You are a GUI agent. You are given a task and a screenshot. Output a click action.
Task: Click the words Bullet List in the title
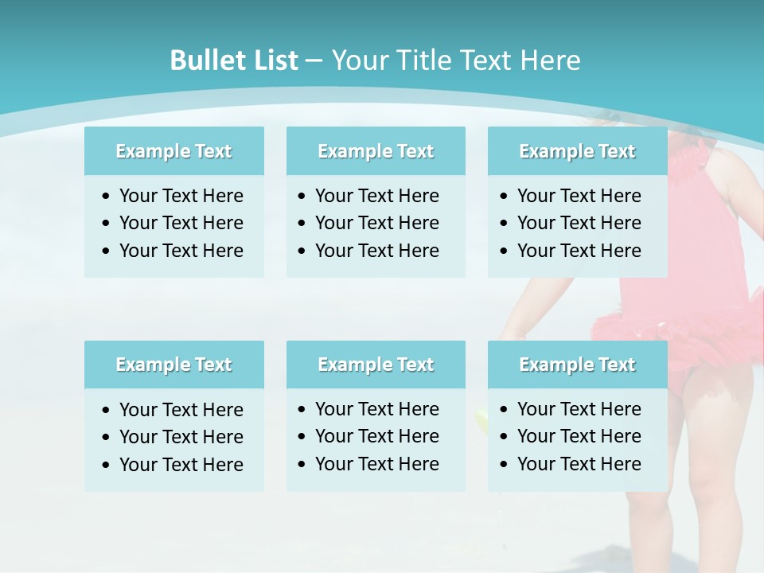(x=234, y=60)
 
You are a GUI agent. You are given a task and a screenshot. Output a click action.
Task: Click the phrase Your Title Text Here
(x=455, y=60)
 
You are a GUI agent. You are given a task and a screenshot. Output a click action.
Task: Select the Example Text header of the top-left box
(x=173, y=151)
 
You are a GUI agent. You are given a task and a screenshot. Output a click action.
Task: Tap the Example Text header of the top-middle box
(x=376, y=151)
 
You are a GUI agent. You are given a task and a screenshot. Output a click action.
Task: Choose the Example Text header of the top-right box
(x=577, y=151)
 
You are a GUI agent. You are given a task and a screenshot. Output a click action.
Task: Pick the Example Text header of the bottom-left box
(x=173, y=364)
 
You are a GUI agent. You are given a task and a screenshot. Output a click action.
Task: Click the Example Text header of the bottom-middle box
(x=376, y=364)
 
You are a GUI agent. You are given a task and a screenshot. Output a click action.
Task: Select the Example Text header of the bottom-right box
(x=577, y=364)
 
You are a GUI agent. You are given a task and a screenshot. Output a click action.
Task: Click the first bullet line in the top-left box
(x=181, y=196)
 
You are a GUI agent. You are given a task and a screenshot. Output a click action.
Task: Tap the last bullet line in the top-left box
(x=181, y=251)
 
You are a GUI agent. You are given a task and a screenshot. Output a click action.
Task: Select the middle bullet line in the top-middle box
(x=376, y=223)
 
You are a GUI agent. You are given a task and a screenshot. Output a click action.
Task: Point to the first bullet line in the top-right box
(x=579, y=196)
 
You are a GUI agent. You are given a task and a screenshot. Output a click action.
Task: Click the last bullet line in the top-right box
(x=579, y=251)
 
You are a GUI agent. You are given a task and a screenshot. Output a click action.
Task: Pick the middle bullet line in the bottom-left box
(x=181, y=437)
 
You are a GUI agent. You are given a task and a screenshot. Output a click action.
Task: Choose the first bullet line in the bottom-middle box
(x=376, y=409)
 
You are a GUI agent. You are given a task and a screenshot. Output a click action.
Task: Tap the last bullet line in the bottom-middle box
(x=376, y=464)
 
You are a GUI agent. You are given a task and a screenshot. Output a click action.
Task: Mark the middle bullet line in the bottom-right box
(x=579, y=436)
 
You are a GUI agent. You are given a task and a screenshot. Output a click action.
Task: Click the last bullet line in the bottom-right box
(x=579, y=464)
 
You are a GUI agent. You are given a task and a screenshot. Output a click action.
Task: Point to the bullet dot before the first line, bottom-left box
(x=107, y=411)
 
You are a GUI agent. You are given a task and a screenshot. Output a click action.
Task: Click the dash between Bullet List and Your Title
(x=314, y=60)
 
